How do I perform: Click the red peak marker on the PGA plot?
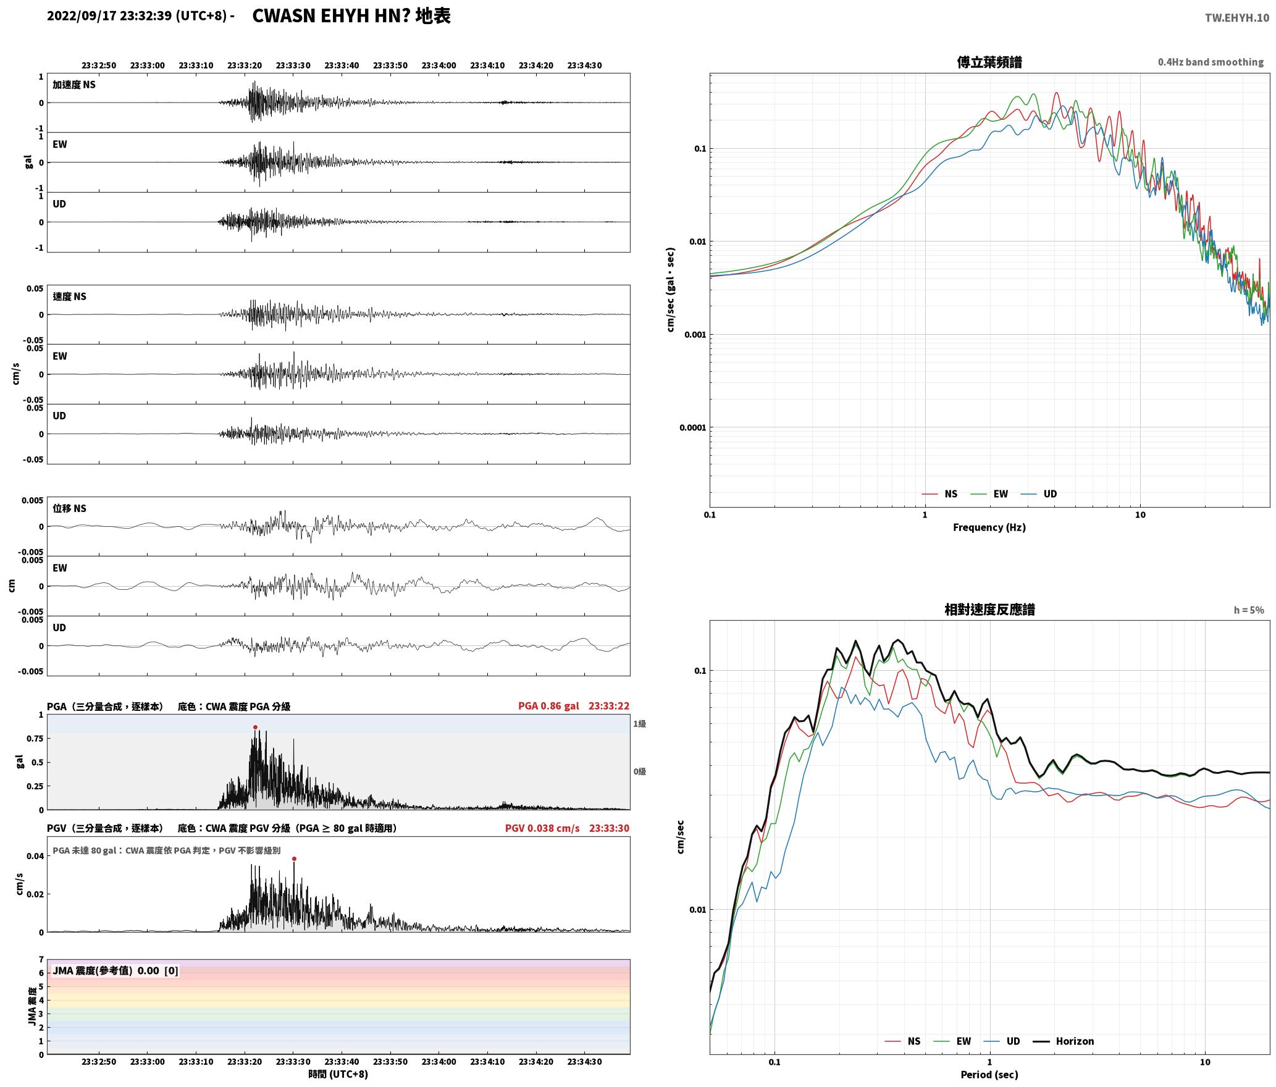pos(255,727)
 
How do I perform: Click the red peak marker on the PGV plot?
pos(294,858)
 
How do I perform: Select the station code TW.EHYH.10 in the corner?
pos(1237,18)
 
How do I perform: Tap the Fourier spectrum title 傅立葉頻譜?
pos(989,62)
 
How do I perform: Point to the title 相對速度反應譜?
pos(989,610)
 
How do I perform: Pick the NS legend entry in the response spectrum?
pos(903,1041)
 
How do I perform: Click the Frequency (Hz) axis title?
pos(989,527)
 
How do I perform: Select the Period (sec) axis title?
pos(989,1075)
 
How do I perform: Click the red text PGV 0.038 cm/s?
pos(542,828)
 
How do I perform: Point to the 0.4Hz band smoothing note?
pos(1211,62)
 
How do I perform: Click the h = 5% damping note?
pos(1249,610)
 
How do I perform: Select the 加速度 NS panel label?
pos(74,85)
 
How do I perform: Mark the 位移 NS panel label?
pos(69,508)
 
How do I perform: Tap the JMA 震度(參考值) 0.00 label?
pos(115,971)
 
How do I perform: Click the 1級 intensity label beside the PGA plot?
pos(639,724)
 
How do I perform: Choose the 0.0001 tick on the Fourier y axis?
pos(692,428)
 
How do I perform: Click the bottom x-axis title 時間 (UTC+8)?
pos(338,1074)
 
